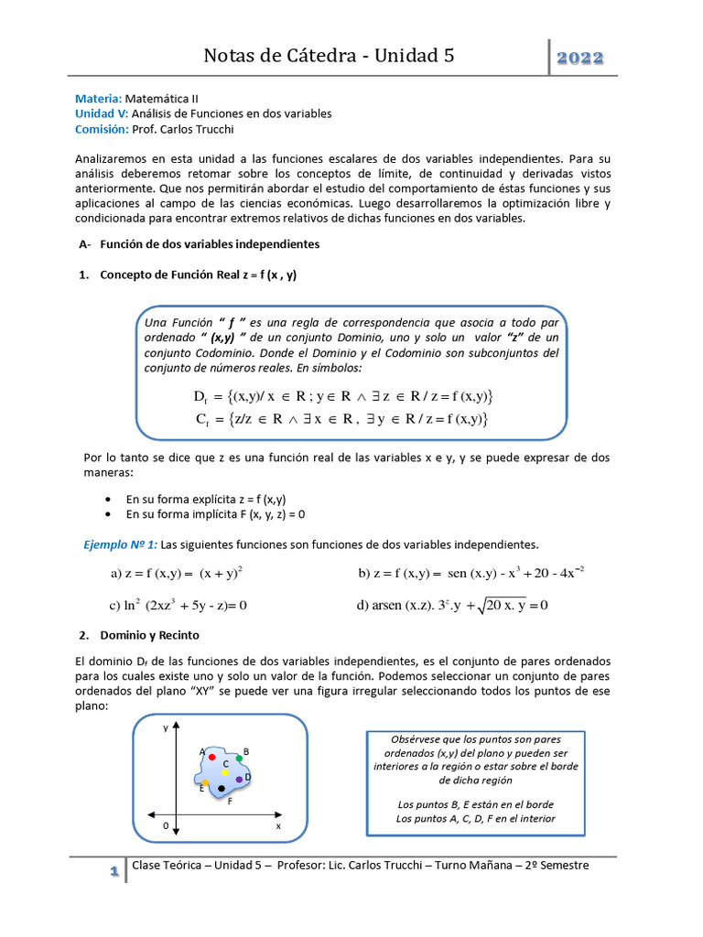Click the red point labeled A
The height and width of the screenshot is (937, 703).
coord(212,758)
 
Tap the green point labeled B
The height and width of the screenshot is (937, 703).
coord(239,758)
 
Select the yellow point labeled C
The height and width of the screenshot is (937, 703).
coord(225,772)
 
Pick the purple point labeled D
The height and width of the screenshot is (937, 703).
coord(239,780)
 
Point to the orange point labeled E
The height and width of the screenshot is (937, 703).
coord(206,783)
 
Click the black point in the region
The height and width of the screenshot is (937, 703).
coord(222,788)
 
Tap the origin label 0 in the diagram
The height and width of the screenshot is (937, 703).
coord(166,825)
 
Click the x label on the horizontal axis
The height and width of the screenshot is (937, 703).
coord(278,825)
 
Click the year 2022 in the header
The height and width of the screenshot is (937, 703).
coord(581,58)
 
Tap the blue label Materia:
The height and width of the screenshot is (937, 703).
coord(98,98)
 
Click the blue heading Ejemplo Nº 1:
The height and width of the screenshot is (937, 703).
coord(121,544)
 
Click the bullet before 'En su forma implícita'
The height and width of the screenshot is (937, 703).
coord(109,514)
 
